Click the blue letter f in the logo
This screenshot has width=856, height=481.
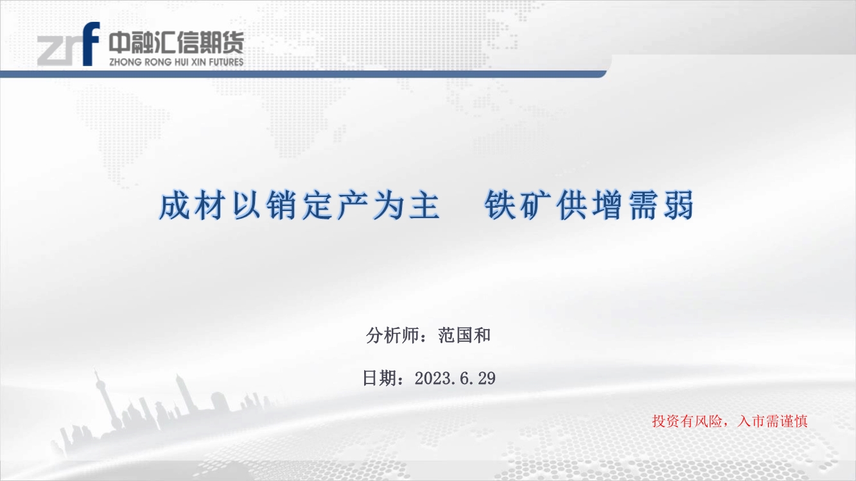(x=91, y=44)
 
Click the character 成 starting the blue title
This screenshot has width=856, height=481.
(x=174, y=206)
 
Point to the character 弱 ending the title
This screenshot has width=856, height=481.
(x=679, y=206)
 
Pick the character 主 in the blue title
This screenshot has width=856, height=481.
(x=424, y=206)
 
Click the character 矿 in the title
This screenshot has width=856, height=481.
(x=536, y=206)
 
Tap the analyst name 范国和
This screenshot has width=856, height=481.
(x=464, y=335)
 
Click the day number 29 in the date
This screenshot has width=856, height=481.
(x=487, y=378)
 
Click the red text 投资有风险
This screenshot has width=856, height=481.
(x=687, y=421)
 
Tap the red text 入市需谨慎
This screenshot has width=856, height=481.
(x=773, y=421)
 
